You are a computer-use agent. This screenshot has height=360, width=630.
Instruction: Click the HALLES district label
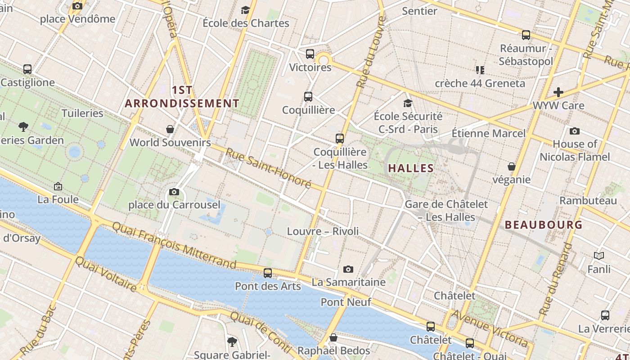(x=411, y=168)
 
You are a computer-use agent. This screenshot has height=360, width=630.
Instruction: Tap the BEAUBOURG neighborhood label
(x=544, y=225)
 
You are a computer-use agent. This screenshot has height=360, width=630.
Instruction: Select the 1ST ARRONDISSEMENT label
(x=182, y=97)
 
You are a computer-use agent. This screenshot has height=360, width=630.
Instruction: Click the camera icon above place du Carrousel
(x=174, y=192)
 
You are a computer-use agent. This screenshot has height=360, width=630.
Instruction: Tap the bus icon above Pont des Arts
(x=268, y=273)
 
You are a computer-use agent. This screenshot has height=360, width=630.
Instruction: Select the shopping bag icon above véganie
(x=511, y=167)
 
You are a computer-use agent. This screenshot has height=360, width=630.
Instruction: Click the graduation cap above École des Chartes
(x=245, y=10)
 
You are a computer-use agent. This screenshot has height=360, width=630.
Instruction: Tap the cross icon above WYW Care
(x=558, y=92)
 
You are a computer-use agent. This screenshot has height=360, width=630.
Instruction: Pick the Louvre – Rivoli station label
(x=323, y=231)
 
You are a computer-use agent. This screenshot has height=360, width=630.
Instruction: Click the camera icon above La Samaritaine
(x=348, y=269)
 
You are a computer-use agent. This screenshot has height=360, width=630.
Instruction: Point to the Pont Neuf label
(x=346, y=302)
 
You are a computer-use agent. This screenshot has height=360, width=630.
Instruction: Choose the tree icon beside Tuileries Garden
(x=23, y=127)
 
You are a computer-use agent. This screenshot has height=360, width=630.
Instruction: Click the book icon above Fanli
(x=599, y=256)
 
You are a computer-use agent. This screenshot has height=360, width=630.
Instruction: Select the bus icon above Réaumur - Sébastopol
(x=526, y=35)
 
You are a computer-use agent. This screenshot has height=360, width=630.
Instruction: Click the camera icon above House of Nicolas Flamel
(x=574, y=131)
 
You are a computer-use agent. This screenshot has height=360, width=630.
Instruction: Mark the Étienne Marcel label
(x=488, y=133)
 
